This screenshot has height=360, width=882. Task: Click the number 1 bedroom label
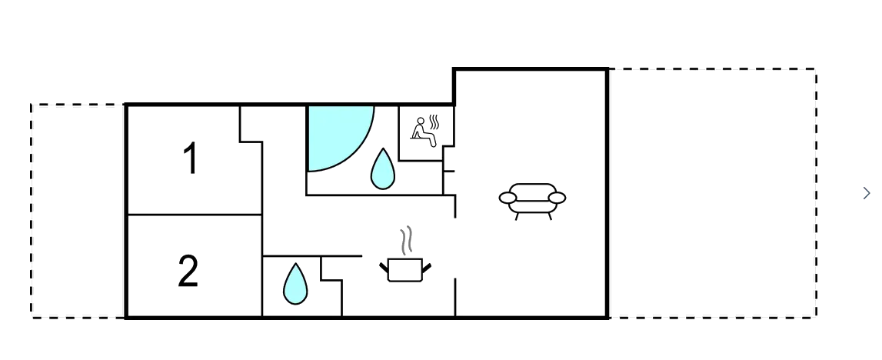point(191,158)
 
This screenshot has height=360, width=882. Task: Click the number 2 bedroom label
point(188,271)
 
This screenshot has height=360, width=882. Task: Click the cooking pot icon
point(405,269)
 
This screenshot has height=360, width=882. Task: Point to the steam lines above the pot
point(407,240)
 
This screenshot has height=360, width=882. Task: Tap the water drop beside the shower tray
point(382,168)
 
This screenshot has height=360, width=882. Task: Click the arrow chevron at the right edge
point(867,193)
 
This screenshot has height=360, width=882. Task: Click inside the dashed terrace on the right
point(712,193)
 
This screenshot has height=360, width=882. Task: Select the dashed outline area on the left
point(78,211)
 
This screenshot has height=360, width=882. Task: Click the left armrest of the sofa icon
point(508,198)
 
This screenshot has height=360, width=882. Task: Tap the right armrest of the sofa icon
point(557,198)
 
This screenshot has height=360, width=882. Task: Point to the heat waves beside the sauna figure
point(434,122)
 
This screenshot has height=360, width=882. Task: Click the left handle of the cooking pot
point(384,268)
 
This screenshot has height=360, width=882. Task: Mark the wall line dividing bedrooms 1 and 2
point(195,215)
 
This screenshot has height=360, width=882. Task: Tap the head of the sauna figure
point(420,121)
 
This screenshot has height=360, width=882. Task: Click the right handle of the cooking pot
point(426,268)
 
